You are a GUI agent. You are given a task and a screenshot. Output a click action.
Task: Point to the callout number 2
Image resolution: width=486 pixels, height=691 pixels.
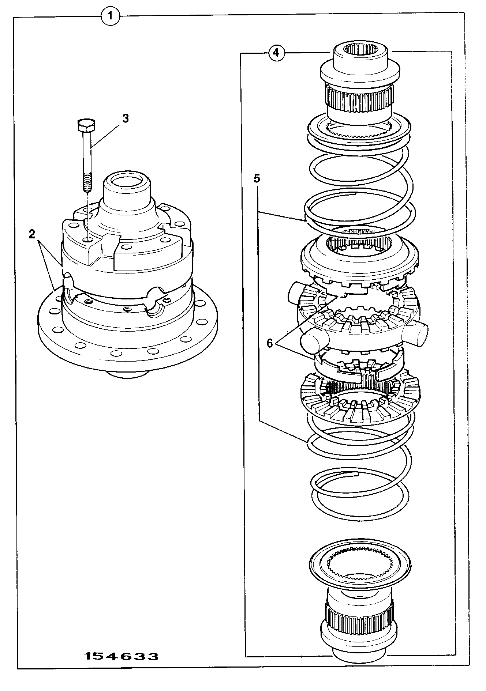32,234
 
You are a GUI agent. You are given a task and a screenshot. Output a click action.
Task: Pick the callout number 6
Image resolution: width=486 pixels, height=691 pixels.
270,343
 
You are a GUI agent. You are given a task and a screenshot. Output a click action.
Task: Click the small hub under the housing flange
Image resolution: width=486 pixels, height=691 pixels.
129,374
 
